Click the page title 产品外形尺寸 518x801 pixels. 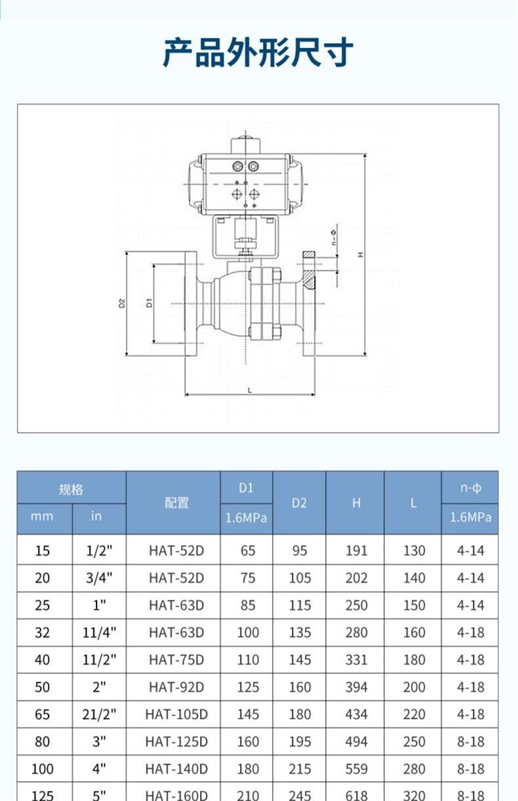click(258, 53)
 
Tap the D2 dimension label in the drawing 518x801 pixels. click(122, 303)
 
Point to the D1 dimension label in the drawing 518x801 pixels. click(149, 303)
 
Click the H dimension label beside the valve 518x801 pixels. click(361, 254)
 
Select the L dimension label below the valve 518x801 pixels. click(250, 390)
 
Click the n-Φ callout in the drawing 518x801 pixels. click(334, 238)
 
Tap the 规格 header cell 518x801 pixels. click(71, 489)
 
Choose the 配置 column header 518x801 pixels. click(176, 503)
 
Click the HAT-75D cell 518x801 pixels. click(176, 660)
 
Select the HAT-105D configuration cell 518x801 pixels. click(176, 715)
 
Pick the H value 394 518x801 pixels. click(356, 687)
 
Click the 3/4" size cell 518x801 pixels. click(99, 578)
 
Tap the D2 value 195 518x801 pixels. click(300, 741)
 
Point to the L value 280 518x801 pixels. click(414, 769)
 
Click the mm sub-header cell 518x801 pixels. click(42, 517)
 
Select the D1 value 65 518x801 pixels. click(248, 551)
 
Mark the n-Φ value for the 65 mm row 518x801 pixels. click(470, 715)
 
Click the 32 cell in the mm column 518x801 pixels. click(42, 633)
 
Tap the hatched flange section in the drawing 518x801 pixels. click(309, 279)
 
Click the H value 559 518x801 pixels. click(356, 769)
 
